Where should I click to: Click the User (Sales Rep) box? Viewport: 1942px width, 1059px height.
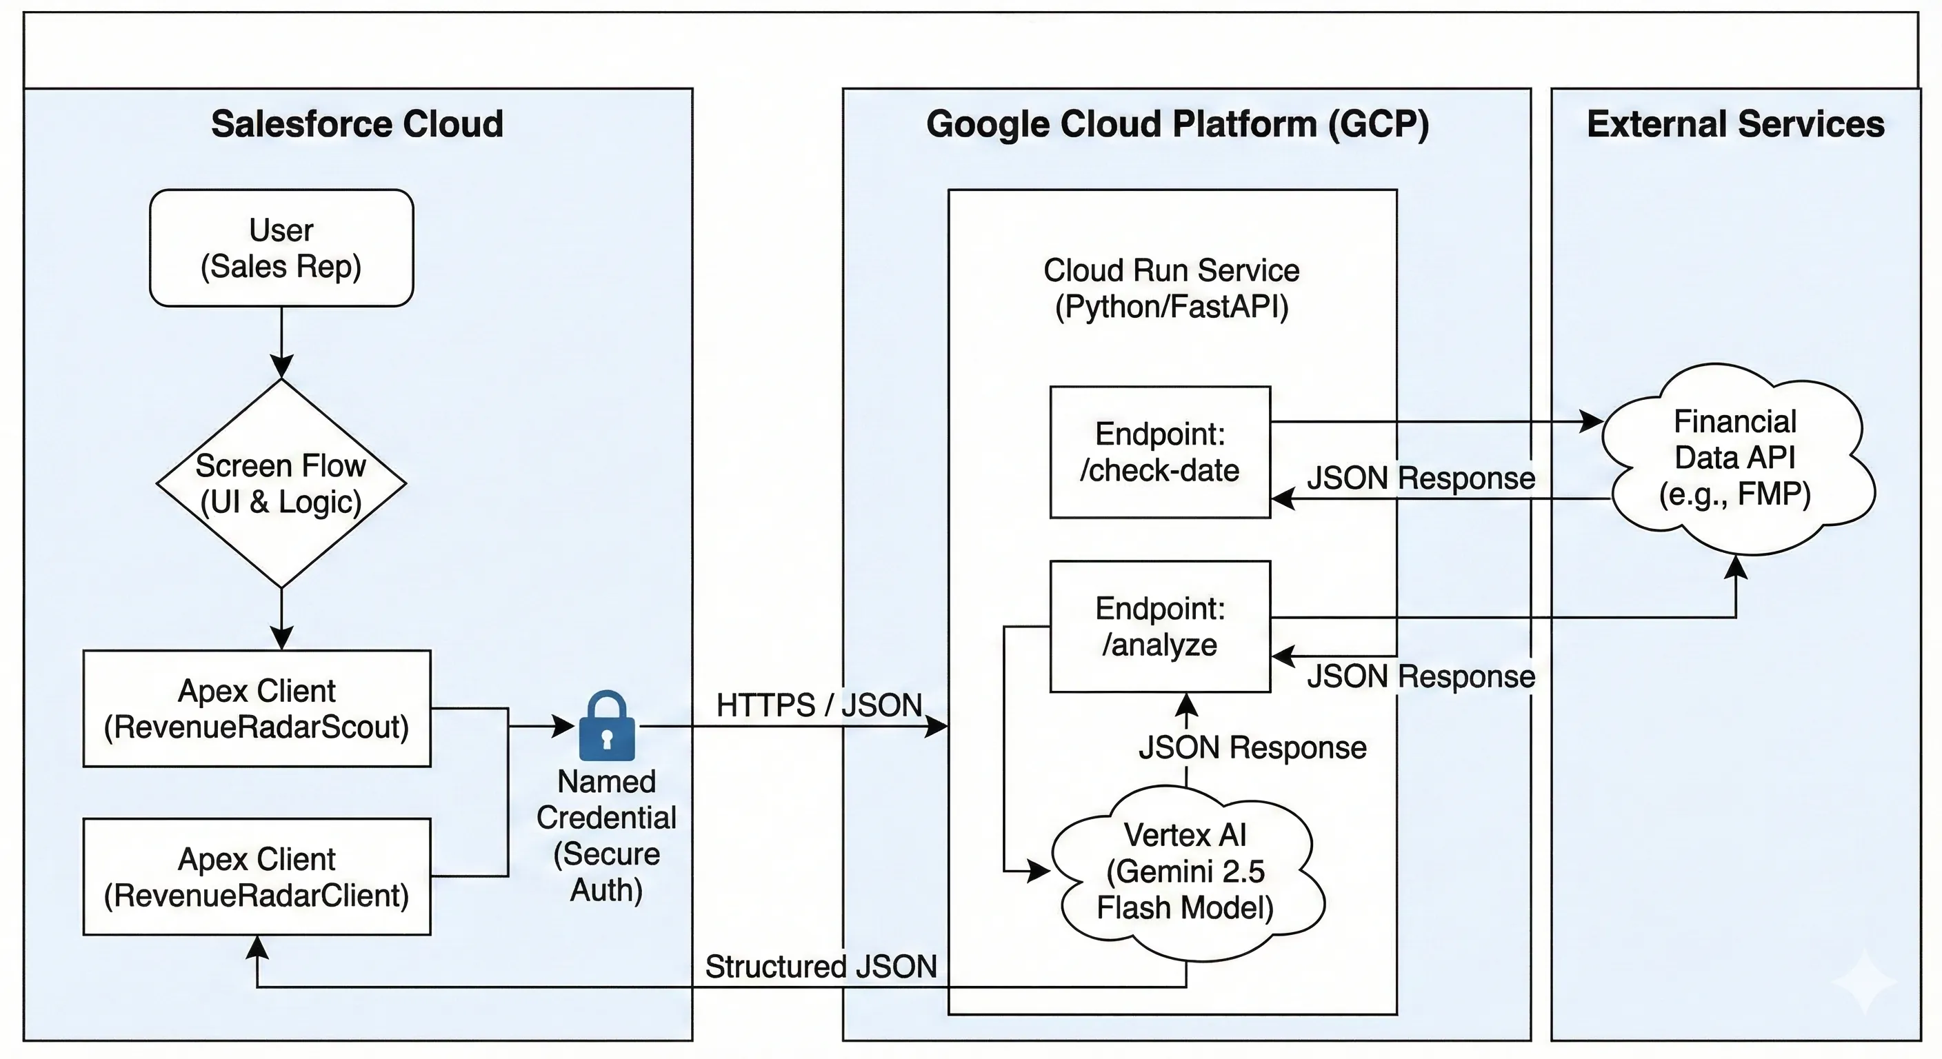281,248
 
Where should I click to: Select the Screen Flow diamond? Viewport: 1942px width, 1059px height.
281,483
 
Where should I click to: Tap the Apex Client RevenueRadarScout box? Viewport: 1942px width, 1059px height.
257,709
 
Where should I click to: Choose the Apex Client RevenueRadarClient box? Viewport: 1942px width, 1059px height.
257,876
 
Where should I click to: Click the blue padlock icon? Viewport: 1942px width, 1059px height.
607,727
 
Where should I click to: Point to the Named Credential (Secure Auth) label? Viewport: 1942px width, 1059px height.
606,835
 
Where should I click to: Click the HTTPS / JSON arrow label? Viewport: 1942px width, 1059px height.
819,705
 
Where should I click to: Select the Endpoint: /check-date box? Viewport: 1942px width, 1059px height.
1159,452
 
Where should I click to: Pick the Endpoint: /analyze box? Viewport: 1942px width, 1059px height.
1159,626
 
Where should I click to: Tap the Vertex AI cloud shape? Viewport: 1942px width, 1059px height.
1185,871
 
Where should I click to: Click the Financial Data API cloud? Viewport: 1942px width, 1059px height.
1734,458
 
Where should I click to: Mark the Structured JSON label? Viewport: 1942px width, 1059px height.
820,967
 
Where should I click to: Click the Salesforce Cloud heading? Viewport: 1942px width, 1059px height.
357,123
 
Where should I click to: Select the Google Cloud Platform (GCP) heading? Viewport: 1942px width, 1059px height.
1177,123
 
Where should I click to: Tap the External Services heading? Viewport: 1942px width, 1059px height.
1735,123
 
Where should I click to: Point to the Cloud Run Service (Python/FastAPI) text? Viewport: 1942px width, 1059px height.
1171,289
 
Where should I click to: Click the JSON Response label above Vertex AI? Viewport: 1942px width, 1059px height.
1252,747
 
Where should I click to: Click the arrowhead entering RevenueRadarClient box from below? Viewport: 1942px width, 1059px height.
257,947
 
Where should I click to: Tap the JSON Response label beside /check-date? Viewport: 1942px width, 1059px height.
1421,478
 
